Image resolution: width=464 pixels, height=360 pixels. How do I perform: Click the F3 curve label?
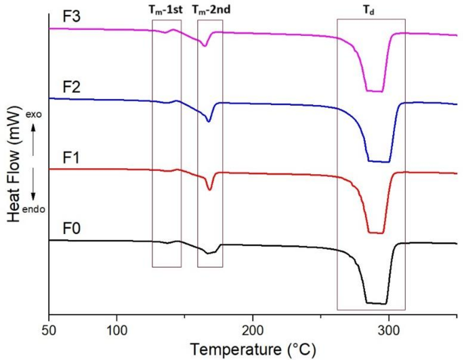click(x=71, y=17)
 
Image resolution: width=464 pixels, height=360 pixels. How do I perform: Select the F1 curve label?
click(x=71, y=157)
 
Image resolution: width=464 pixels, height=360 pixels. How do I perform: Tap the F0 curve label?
click(x=71, y=228)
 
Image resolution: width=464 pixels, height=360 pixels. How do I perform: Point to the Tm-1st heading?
click(x=167, y=9)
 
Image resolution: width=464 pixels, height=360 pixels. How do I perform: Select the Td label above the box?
click(x=371, y=9)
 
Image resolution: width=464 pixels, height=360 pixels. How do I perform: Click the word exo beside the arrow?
click(x=35, y=115)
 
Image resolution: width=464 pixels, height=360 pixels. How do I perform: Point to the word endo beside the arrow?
click(x=35, y=209)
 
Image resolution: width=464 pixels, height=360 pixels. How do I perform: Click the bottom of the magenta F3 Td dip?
click(x=375, y=91)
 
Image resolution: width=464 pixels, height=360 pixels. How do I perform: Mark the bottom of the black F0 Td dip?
click(x=376, y=303)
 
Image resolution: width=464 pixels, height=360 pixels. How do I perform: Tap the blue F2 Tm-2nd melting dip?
click(x=209, y=121)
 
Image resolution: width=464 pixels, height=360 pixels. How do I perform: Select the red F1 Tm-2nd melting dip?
click(x=209, y=189)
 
